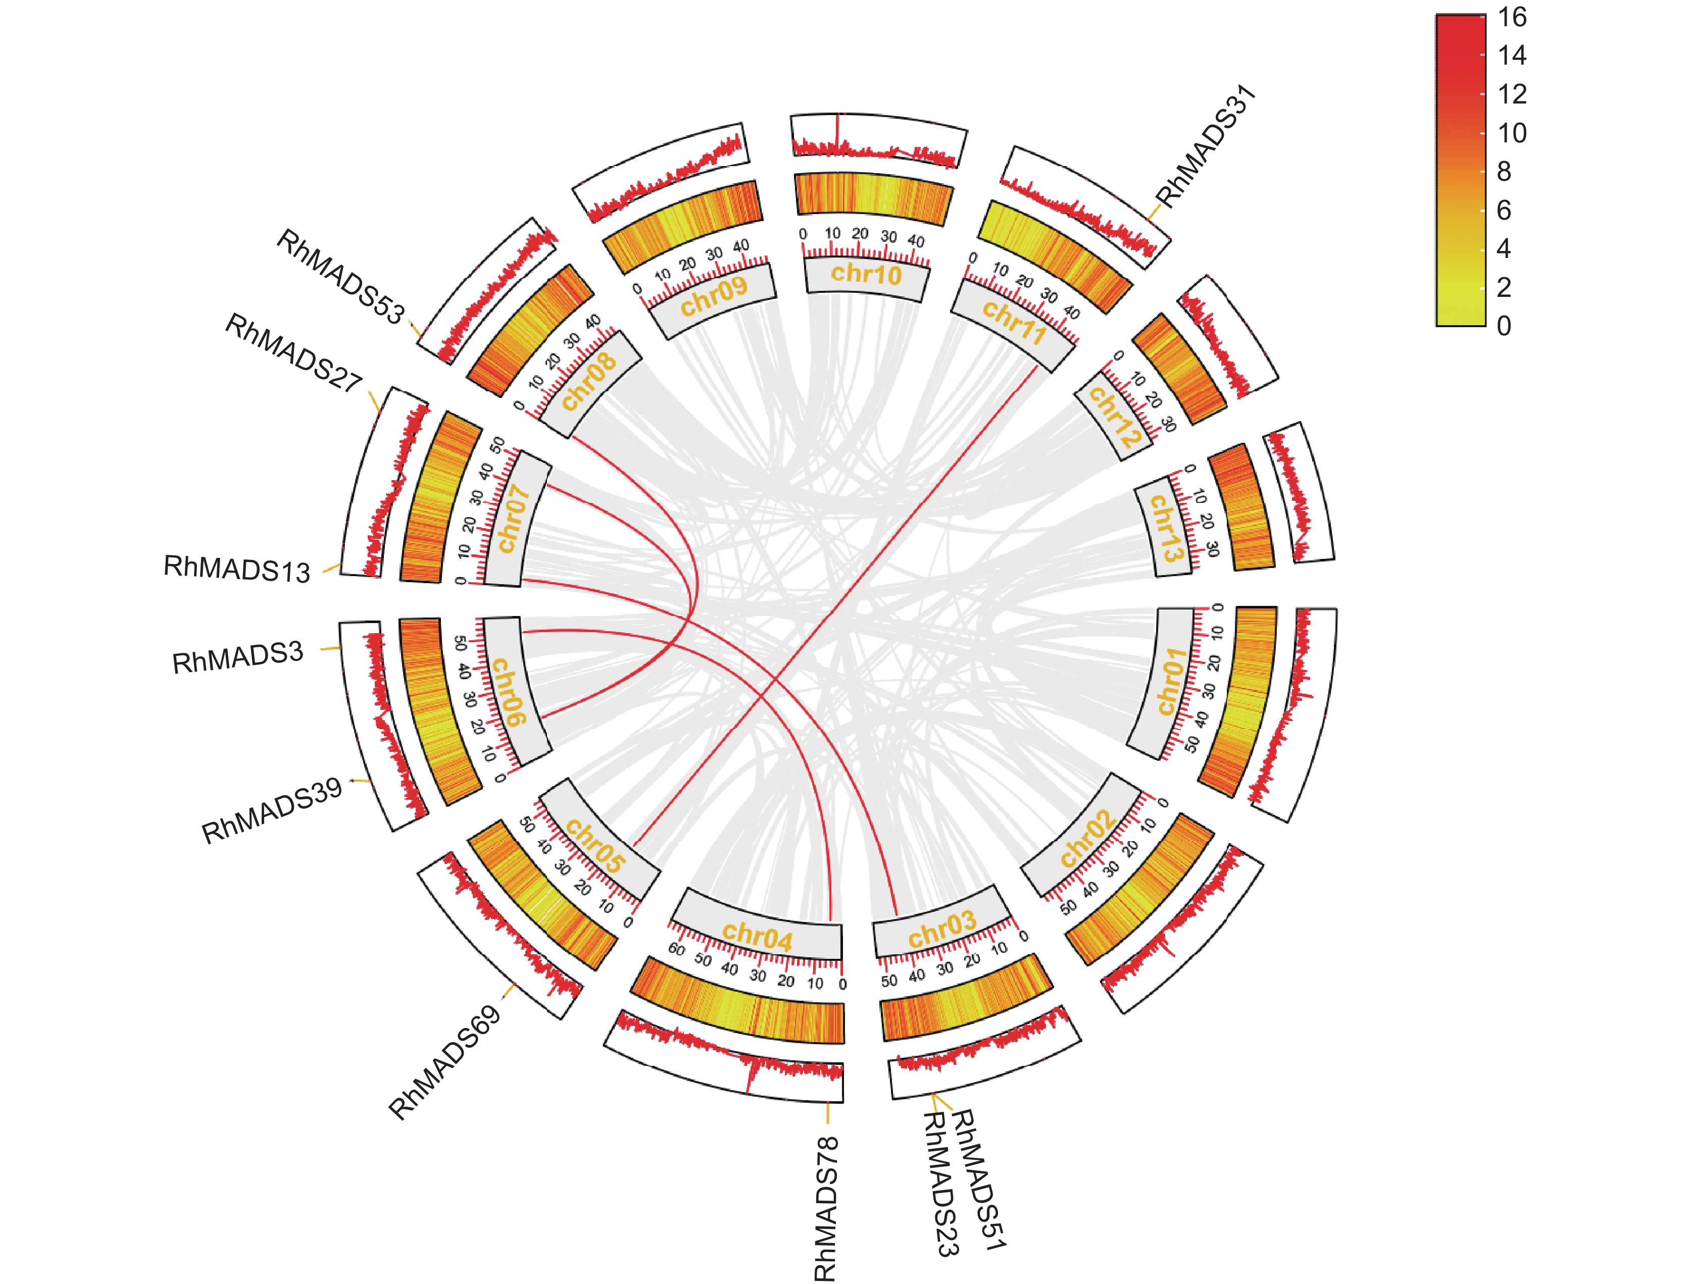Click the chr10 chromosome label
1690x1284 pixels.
point(866,274)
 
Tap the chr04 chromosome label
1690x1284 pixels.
point(757,936)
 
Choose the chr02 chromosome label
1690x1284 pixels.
point(1087,839)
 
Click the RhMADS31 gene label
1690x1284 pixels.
point(1206,145)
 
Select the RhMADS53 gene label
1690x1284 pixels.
point(339,277)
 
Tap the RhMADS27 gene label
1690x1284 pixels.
point(293,353)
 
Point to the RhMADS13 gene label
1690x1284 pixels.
point(237,570)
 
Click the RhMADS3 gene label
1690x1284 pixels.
point(238,658)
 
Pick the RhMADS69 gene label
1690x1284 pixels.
point(444,1062)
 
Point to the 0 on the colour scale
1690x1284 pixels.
point(1504,326)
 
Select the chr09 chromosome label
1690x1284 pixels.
point(713,296)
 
